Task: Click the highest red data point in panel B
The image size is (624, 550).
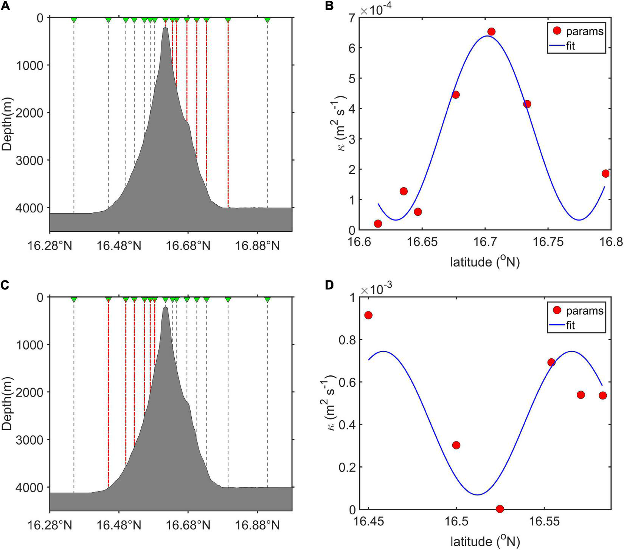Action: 491,31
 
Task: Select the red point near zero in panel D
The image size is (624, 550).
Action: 500,508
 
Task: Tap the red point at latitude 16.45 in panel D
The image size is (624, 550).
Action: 368,315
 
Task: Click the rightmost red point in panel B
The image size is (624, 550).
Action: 605,174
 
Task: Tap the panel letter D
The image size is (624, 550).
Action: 330,285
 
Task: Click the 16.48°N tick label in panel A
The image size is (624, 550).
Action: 119,246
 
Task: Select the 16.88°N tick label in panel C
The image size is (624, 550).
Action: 257,526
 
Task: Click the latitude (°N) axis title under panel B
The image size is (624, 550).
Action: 485,262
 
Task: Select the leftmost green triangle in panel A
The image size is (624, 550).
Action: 74,20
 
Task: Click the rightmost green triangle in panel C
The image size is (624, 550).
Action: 267,300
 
